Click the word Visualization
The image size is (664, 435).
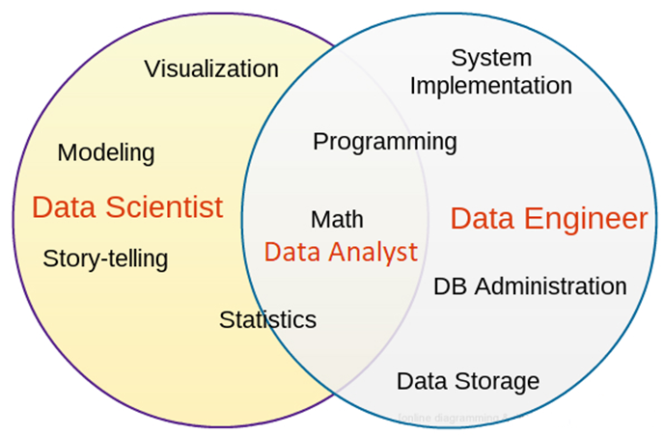coord(211,68)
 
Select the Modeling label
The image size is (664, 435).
coord(106,152)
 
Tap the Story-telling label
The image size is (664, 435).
coord(105,258)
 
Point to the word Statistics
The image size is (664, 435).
coord(267,319)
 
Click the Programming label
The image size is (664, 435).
coord(385,142)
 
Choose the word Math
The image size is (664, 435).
coord(337,220)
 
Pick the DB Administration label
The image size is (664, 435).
coord(530,286)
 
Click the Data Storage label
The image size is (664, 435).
coord(468,381)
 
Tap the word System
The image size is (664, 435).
coord(492,58)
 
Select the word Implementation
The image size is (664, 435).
coord(491,85)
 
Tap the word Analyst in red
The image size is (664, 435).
coord(372,253)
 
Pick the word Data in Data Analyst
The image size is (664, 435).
coord(291,253)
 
